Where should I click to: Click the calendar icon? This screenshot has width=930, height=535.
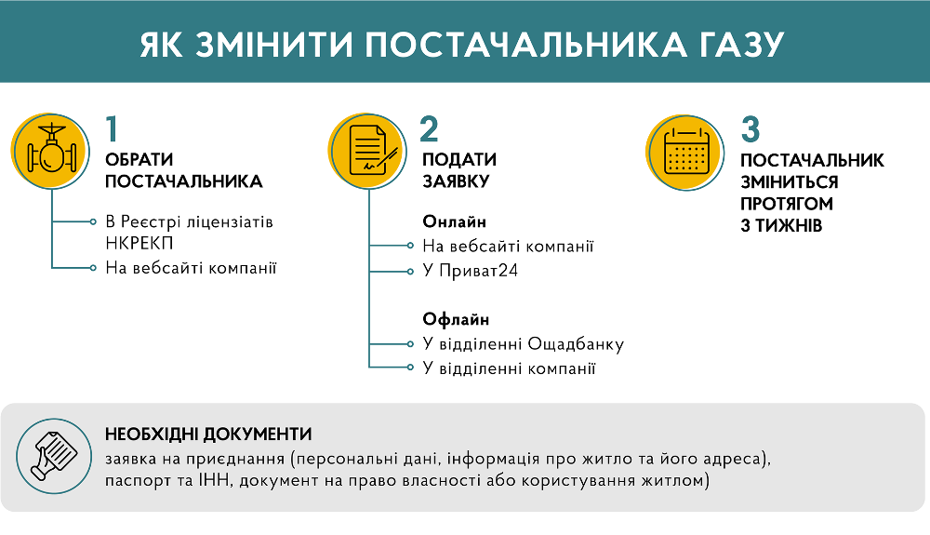click(x=685, y=153)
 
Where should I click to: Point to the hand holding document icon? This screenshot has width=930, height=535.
click(x=54, y=456)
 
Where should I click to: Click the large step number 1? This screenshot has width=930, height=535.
click(x=112, y=128)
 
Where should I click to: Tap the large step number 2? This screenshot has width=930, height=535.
click(x=430, y=128)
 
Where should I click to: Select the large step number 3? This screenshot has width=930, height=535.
click(x=751, y=129)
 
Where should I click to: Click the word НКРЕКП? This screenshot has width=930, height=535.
click(x=139, y=244)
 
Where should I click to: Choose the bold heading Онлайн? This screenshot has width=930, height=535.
click(x=455, y=221)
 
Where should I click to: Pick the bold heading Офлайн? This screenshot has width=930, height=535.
click(x=456, y=319)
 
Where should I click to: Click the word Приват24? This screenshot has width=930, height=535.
click(x=479, y=271)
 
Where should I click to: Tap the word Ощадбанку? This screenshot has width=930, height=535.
click(x=576, y=344)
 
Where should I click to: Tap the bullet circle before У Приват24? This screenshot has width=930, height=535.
click(x=410, y=272)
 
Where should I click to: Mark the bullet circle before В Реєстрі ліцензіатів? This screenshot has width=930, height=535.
click(x=93, y=221)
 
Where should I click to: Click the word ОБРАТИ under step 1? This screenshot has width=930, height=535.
click(x=139, y=159)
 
